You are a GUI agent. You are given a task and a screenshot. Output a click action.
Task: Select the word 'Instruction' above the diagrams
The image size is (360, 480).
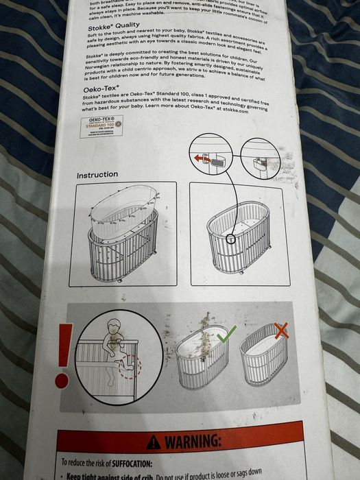click(97, 175)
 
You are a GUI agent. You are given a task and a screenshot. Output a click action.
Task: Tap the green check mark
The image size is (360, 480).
click(226, 334)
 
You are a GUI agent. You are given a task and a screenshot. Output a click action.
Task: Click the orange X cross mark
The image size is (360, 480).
click(281, 331)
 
